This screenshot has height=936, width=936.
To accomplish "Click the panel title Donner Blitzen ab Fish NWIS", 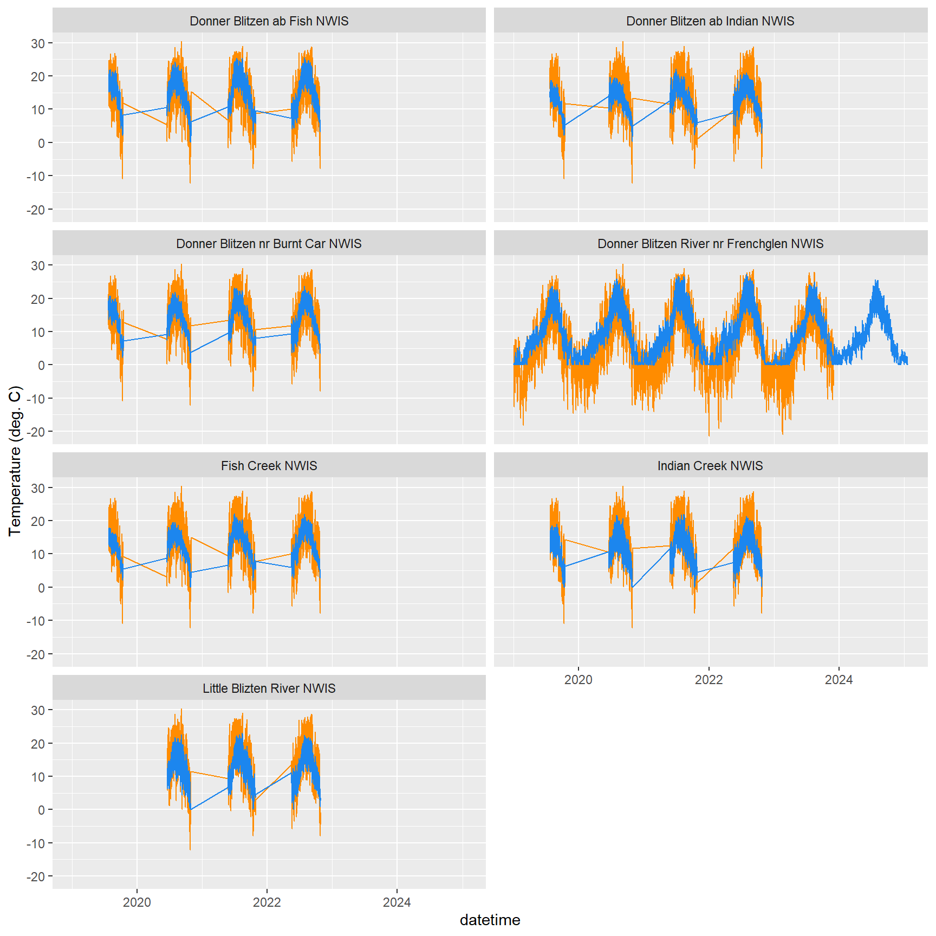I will click(269, 21).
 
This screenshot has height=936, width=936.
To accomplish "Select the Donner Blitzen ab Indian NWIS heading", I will click(710, 21).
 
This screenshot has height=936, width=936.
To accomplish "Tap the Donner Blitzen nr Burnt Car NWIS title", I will click(269, 244).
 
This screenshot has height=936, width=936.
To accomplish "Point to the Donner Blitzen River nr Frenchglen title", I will click(710, 244).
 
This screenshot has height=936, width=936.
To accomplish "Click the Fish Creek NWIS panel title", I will click(269, 466).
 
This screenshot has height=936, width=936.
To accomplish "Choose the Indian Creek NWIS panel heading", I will click(710, 466).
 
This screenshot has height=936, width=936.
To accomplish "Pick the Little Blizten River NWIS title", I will click(269, 688).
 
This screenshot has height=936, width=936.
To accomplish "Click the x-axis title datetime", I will click(490, 920).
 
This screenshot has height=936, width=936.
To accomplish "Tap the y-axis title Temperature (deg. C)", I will click(15, 460).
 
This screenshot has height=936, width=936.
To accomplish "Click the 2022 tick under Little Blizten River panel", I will click(267, 902).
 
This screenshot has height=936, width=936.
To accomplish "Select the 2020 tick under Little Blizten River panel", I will click(137, 902).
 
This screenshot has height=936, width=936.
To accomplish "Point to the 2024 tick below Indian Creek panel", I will click(838, 680).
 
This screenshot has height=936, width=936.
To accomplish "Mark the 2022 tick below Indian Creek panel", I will click(708, 680).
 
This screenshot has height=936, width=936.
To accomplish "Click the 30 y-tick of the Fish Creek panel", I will click(38, 488).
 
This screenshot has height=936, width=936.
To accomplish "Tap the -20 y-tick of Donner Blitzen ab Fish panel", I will click(36, 210).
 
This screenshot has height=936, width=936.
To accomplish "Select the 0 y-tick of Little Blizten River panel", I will click(41, 810).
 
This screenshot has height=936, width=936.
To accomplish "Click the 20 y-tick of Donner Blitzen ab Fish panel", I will click(38, 76).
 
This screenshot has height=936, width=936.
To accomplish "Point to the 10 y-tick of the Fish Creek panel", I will click(38, 554).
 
